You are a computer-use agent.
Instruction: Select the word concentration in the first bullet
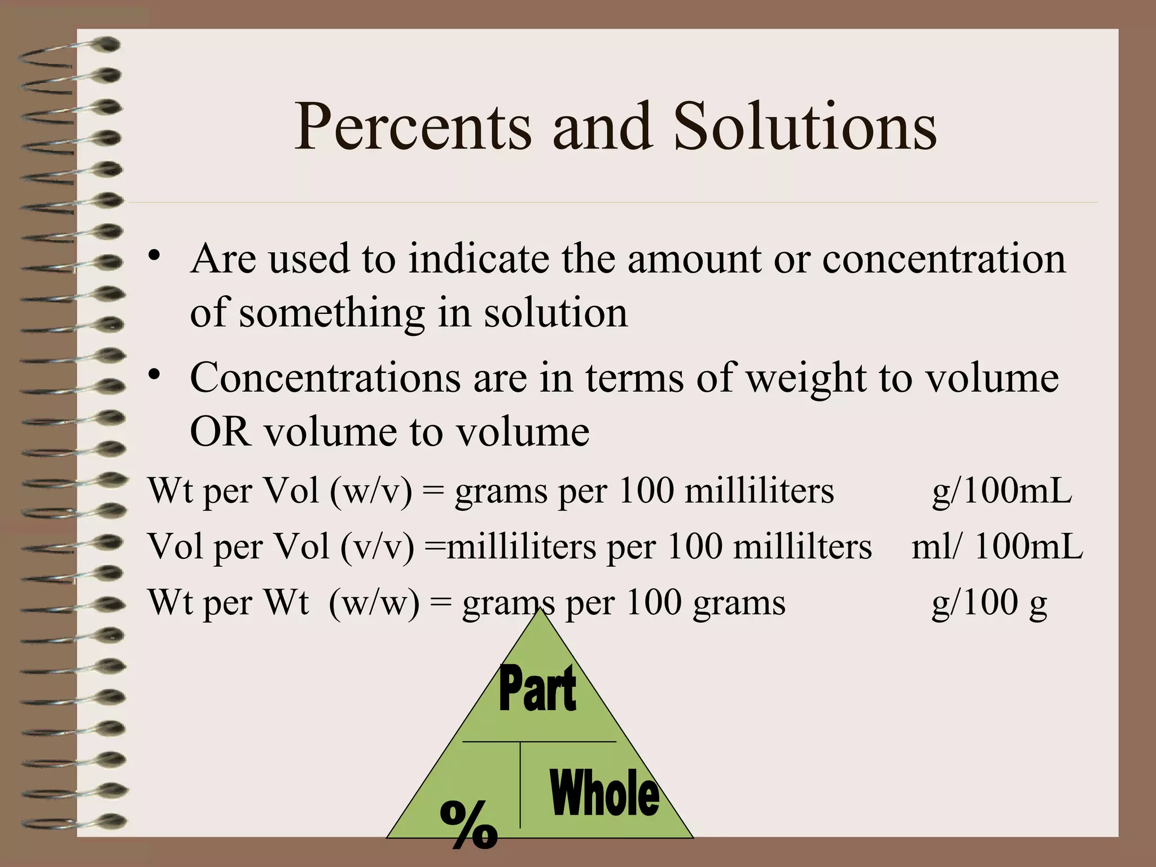(944, 259)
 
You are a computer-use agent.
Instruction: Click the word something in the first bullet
(332, 313)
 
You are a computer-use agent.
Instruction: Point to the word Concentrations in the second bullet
(325, 378)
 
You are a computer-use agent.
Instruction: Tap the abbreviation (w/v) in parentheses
(371, 491)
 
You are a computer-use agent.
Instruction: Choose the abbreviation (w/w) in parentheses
(374, 602)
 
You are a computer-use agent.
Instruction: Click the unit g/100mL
(1002, 491)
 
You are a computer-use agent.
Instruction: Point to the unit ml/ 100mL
(997, 547)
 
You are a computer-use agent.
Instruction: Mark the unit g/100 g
(989, 602)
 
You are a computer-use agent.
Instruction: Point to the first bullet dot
(155, 255)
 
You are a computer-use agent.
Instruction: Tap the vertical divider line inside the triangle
(520, 785)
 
